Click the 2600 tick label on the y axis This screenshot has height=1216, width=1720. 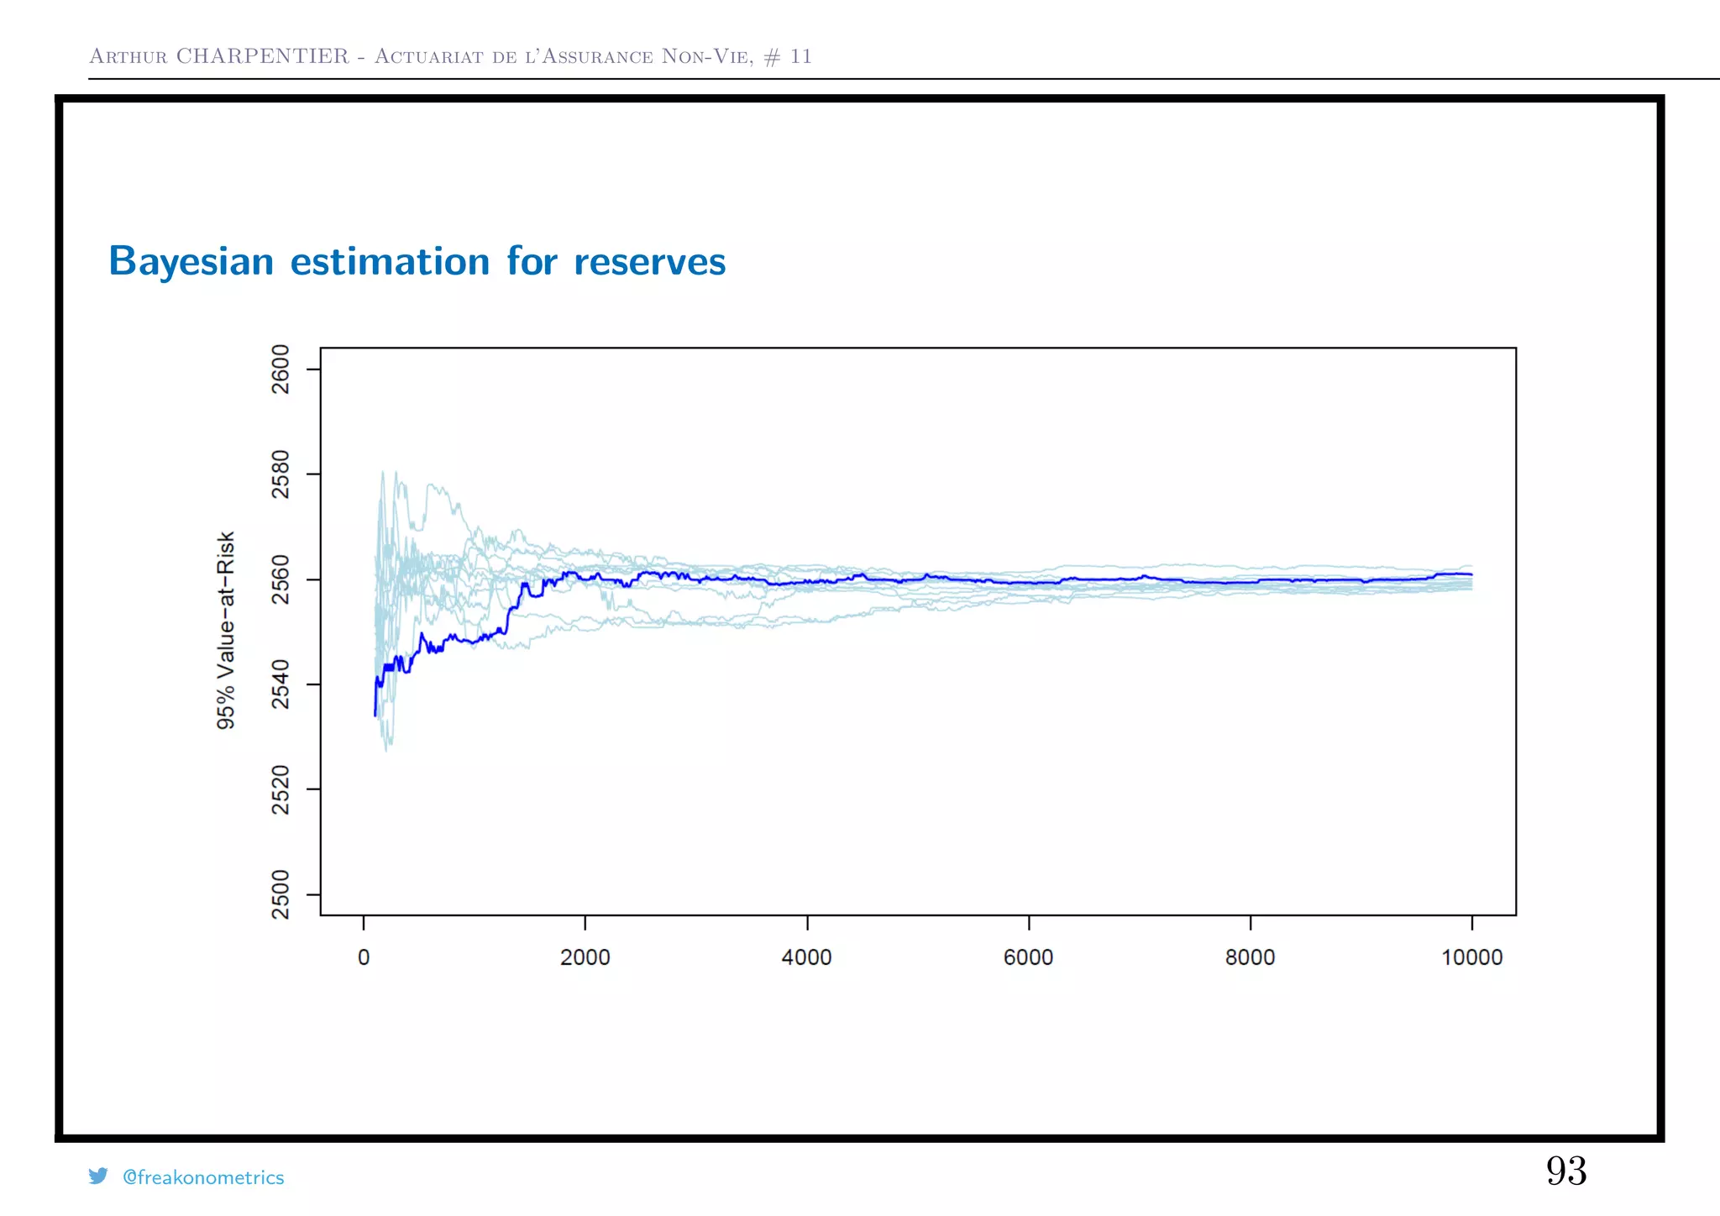click(281, 369)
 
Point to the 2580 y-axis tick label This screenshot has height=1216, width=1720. click(281, 474)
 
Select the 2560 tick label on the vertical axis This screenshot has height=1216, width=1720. click(281, 579)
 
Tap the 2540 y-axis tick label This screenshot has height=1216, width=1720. click(281, 684)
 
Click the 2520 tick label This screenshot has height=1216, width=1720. click(281, 789)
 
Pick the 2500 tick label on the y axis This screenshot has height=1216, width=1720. click(281, 894)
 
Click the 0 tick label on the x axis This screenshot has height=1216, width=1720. click(364, 957)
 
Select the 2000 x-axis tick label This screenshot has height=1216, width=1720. click(585, 957)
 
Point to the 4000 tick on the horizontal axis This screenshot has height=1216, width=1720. click(807, 957)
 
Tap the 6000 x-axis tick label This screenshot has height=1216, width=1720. click(1029, 957)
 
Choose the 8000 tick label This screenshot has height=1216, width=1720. click(1251, 957)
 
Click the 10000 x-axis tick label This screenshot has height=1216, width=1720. click(1472, 957)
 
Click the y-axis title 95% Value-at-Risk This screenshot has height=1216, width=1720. click(226, 630)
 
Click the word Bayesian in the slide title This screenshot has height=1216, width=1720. click(191, 261)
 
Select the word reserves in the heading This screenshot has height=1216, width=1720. click(649, 261)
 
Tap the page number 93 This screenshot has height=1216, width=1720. click(1566, 1171)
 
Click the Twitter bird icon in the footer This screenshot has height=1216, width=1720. click(98, 1176)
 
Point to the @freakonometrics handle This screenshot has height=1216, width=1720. click(203, 1177)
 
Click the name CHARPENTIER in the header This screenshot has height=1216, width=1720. click(262, 56)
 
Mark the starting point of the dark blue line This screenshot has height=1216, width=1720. click(375, 715)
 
